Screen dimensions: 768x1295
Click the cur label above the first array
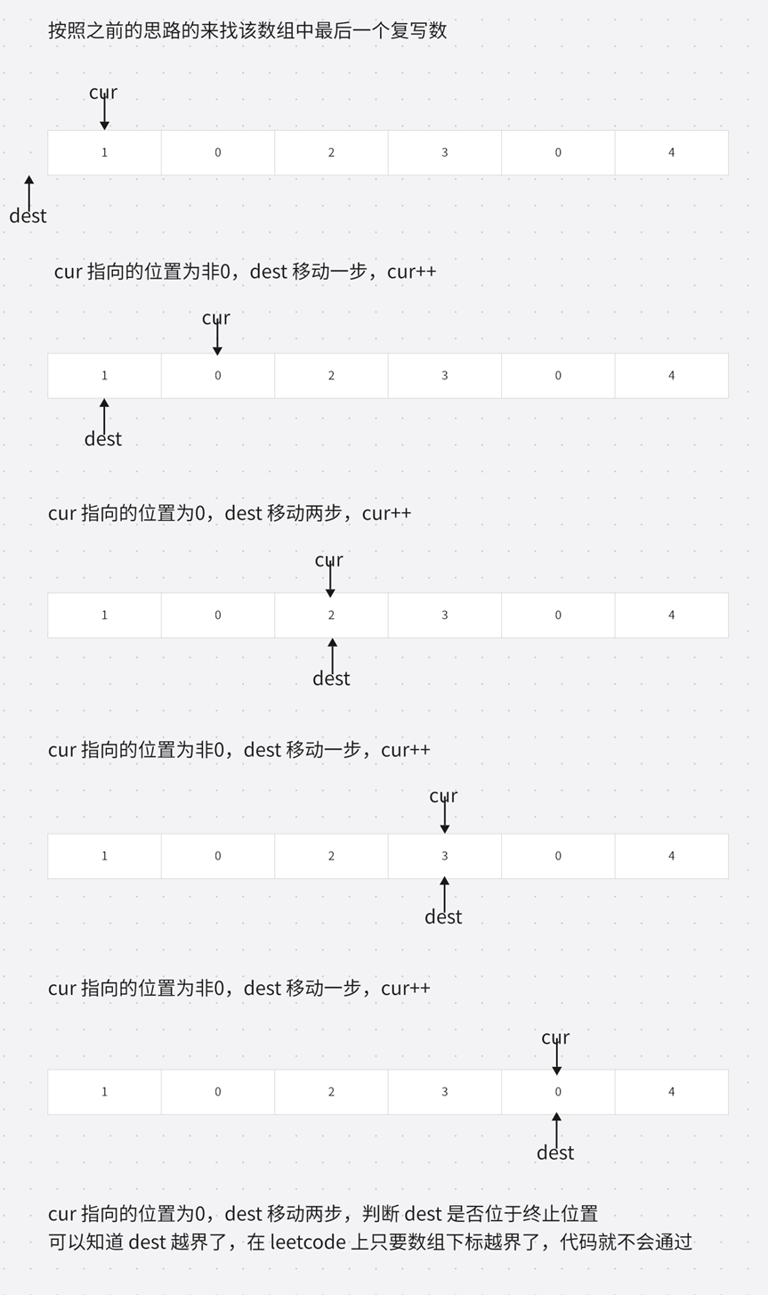click(x=103, y=93)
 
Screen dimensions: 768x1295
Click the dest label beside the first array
click(x=28, y=216)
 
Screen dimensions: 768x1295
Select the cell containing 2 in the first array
click(x=331, y=152)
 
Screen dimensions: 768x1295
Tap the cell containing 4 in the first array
click(x=671, y=152)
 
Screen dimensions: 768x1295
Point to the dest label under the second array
click(x=103, y=438)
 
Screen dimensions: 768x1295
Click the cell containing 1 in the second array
click(x=104, y=376)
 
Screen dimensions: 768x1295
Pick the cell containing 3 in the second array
click(x=444, y=376)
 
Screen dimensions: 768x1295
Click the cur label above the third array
click(x=328, y=560)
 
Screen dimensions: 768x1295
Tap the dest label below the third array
click(x=331, y=679)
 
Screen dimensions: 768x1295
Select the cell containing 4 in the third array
click(x=671, y=615)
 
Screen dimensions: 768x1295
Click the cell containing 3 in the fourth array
click(x=444, y=856)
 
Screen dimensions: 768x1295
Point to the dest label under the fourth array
click(x=443, y=916)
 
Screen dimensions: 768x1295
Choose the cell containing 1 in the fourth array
click(x=104, y=856)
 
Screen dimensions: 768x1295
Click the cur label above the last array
click(x=555, y=1038)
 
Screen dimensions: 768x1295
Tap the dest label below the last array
click(x=555, y=1152)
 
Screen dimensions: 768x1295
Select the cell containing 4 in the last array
click(x=671, y=1092)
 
